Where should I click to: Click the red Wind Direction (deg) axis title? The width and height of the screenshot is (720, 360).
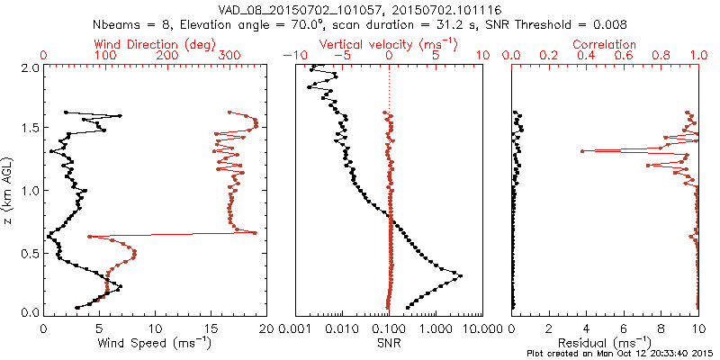[x=156, y=44]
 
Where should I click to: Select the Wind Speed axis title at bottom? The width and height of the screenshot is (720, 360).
[x=156, y=343]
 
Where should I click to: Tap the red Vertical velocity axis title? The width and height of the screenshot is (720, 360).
[x=389, y=44]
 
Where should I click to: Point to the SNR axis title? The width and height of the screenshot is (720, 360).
[x=389, y=343]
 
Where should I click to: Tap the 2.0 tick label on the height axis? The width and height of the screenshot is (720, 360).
[x=30, y=67]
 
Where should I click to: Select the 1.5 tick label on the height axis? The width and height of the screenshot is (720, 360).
[x=30, y=129]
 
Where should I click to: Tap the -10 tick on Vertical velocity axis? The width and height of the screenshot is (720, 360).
[x=293, y=56]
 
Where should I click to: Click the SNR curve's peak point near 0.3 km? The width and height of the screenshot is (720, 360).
[x=462, y=275]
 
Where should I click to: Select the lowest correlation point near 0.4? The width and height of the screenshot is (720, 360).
[x=582, y=151]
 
